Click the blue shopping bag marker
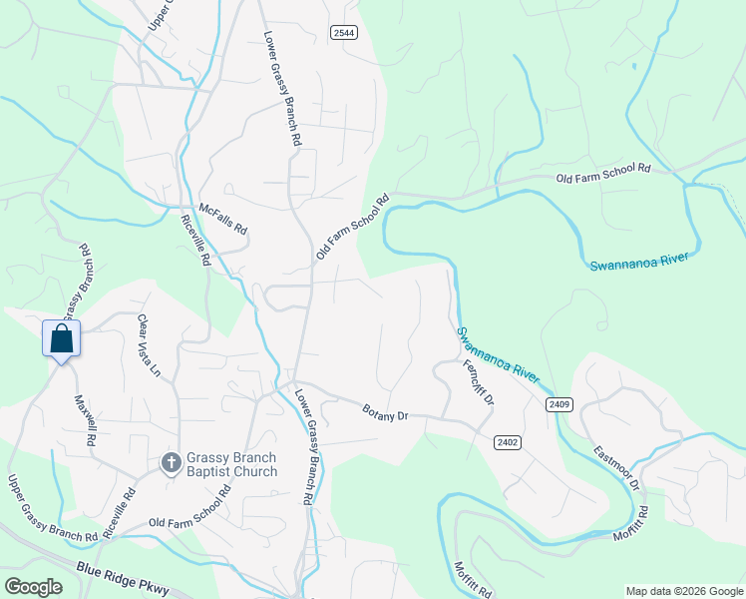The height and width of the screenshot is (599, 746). (x=62, y=338)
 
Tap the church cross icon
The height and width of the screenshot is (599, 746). (x=171, y=462)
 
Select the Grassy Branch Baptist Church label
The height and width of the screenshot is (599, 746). (x=232, y=464)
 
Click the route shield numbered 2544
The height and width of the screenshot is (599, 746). (x=344, y=33)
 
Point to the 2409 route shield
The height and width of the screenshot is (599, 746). (x=559, y=403)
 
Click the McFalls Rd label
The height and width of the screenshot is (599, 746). (x=223, y=219)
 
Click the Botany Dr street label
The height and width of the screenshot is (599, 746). (x=386, y=411)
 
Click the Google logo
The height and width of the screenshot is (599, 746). (x=33, y=587)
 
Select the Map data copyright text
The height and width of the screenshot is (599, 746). (x=684, y=591)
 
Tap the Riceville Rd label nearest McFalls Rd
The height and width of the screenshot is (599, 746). (x=196, y=240)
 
